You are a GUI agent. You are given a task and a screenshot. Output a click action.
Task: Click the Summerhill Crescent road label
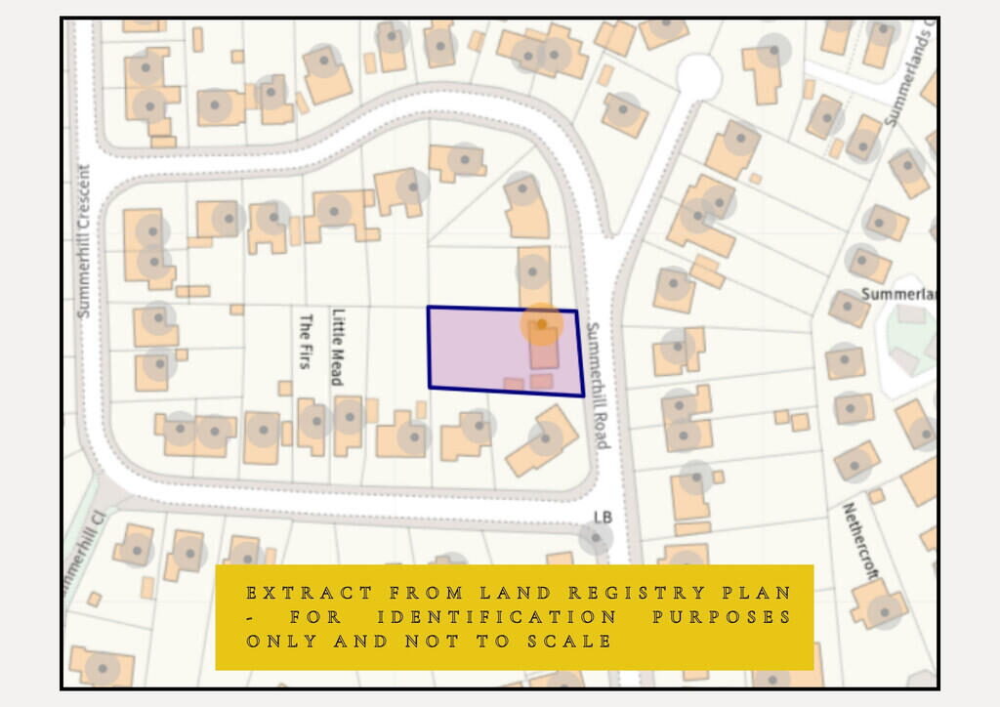click(x=84, y=240)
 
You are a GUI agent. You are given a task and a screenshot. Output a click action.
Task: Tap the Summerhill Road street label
click(x=598, y=385)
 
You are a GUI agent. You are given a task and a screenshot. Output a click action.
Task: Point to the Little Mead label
click(x=339, y=347)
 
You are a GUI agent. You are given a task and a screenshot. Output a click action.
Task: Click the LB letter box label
click(x=603, y=517)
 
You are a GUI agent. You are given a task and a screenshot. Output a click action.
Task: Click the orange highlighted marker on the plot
click(x=541, y=323)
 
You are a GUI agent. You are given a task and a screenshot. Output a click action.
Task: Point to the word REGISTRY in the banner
click(x=652, y=593)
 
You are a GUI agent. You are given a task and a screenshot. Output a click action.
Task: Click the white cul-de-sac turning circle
click(x=699, y=75)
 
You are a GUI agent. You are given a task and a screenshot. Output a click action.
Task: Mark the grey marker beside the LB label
click(x=595, y=537)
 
